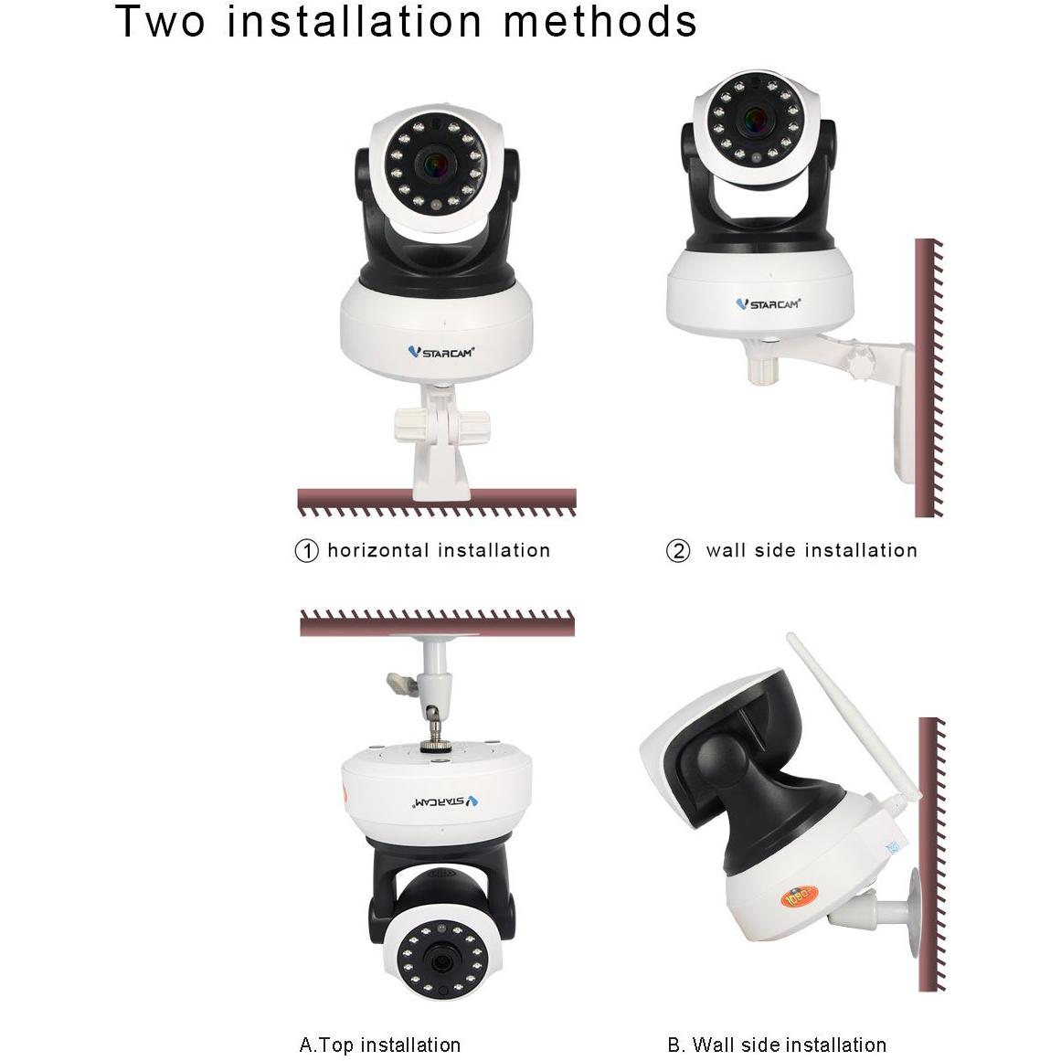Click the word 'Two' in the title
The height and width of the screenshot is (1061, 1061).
(161, 22)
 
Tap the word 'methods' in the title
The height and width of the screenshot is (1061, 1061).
(600, 22)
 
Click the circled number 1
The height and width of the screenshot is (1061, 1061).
(306, 551)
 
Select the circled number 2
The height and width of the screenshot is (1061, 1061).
(677, 551)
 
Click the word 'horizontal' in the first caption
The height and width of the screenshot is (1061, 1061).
(377, 550)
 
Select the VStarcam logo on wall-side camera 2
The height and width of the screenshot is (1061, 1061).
(768, 302)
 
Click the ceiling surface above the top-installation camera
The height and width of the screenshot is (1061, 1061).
(437, 625)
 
